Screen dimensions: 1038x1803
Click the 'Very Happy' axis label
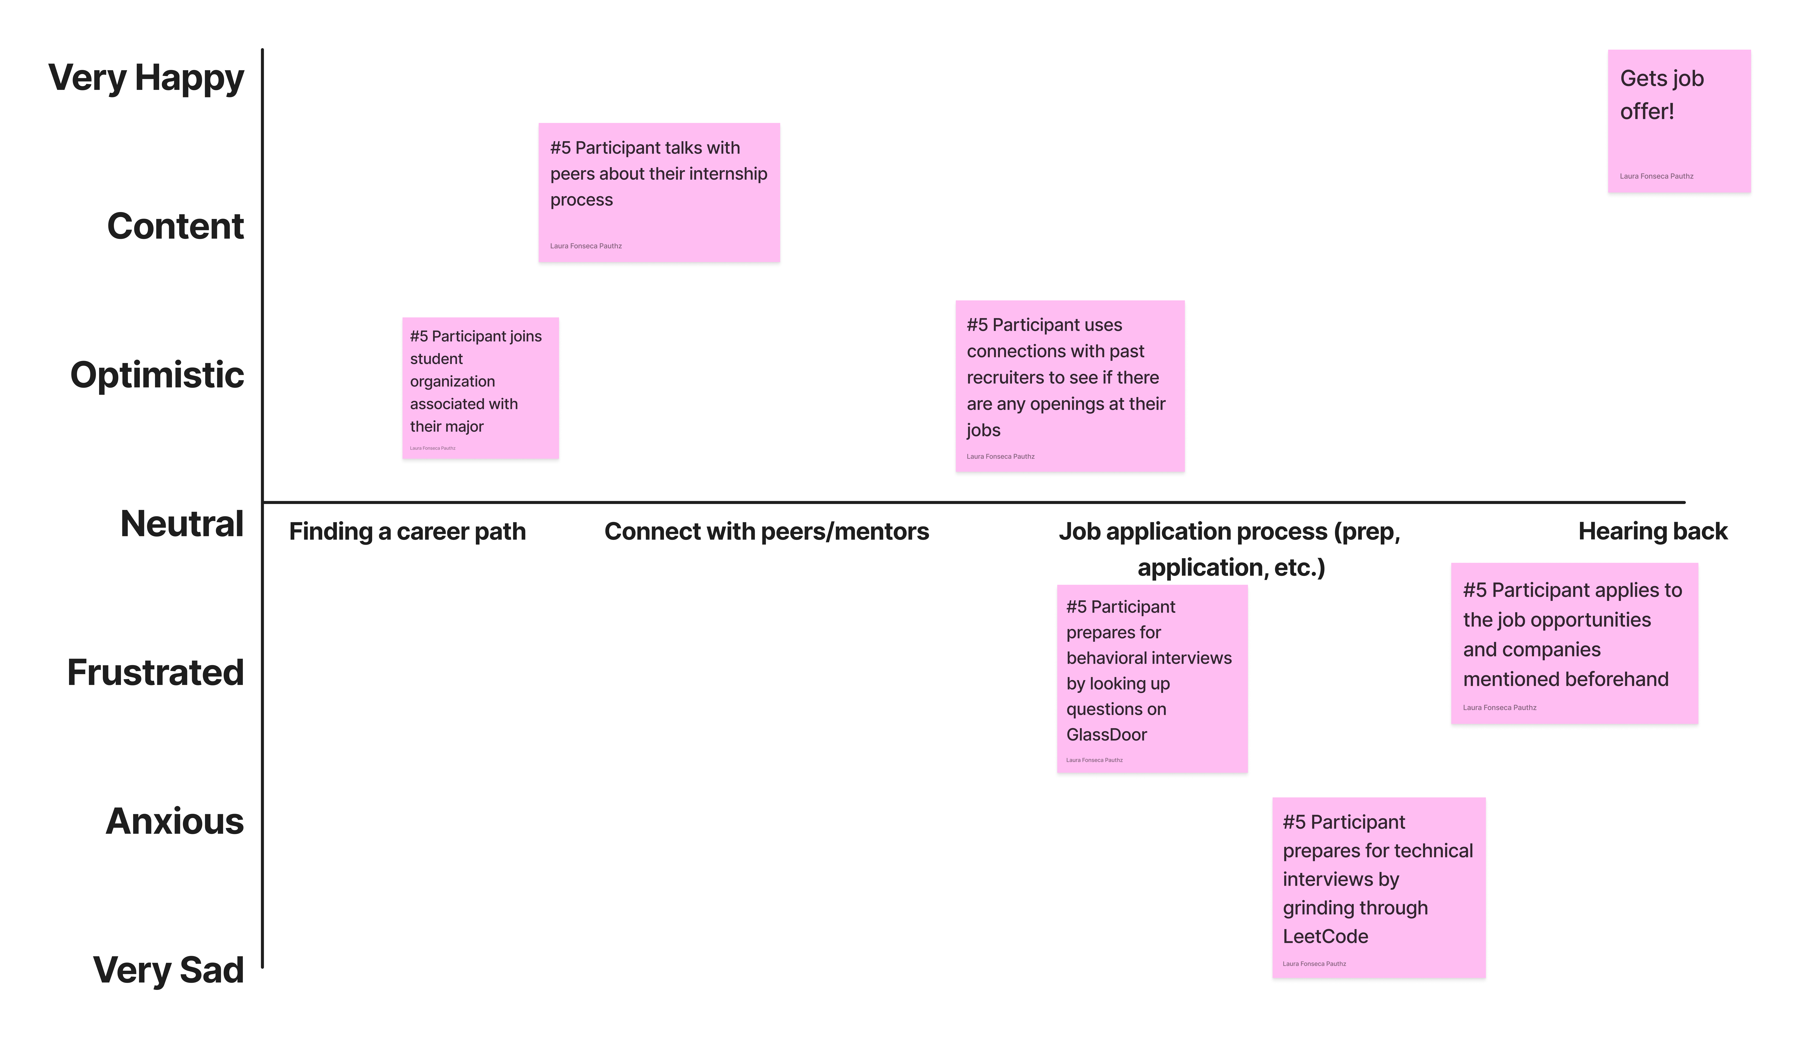point(146,78)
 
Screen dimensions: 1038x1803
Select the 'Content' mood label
point(175,227)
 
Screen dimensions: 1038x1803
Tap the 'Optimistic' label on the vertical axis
point(157,375)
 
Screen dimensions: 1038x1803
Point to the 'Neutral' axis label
point(182,524)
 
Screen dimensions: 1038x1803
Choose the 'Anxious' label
point(175,821)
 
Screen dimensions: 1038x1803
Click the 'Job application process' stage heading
point(1230,549)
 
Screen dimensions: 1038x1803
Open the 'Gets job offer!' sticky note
point(1679,123)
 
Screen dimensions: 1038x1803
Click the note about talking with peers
point(659,195)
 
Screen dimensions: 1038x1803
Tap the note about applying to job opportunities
point(1574,645)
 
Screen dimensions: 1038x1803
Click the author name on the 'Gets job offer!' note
point(1656,176)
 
